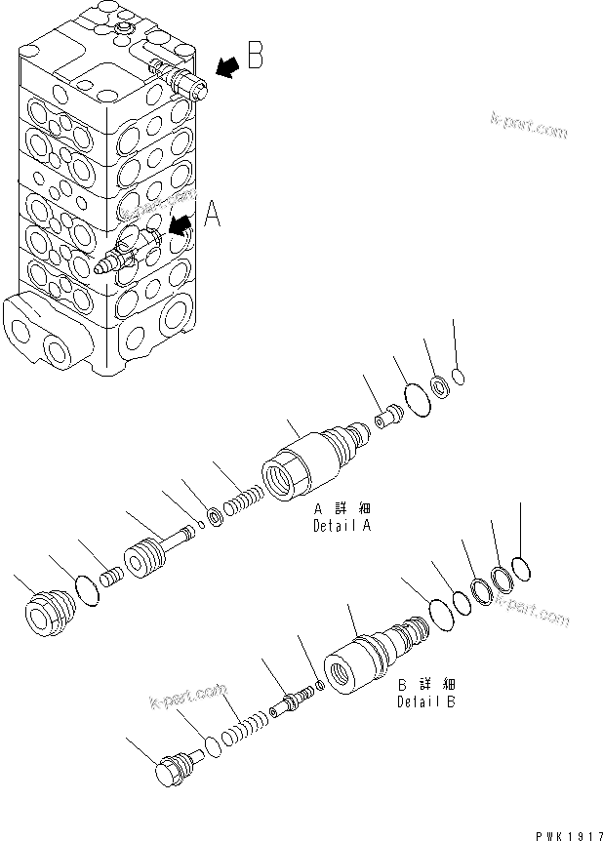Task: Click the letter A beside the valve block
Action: [x=210, y=213]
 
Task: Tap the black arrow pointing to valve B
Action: [x=225, y=66]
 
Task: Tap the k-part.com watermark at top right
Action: [x=528, y=126]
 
